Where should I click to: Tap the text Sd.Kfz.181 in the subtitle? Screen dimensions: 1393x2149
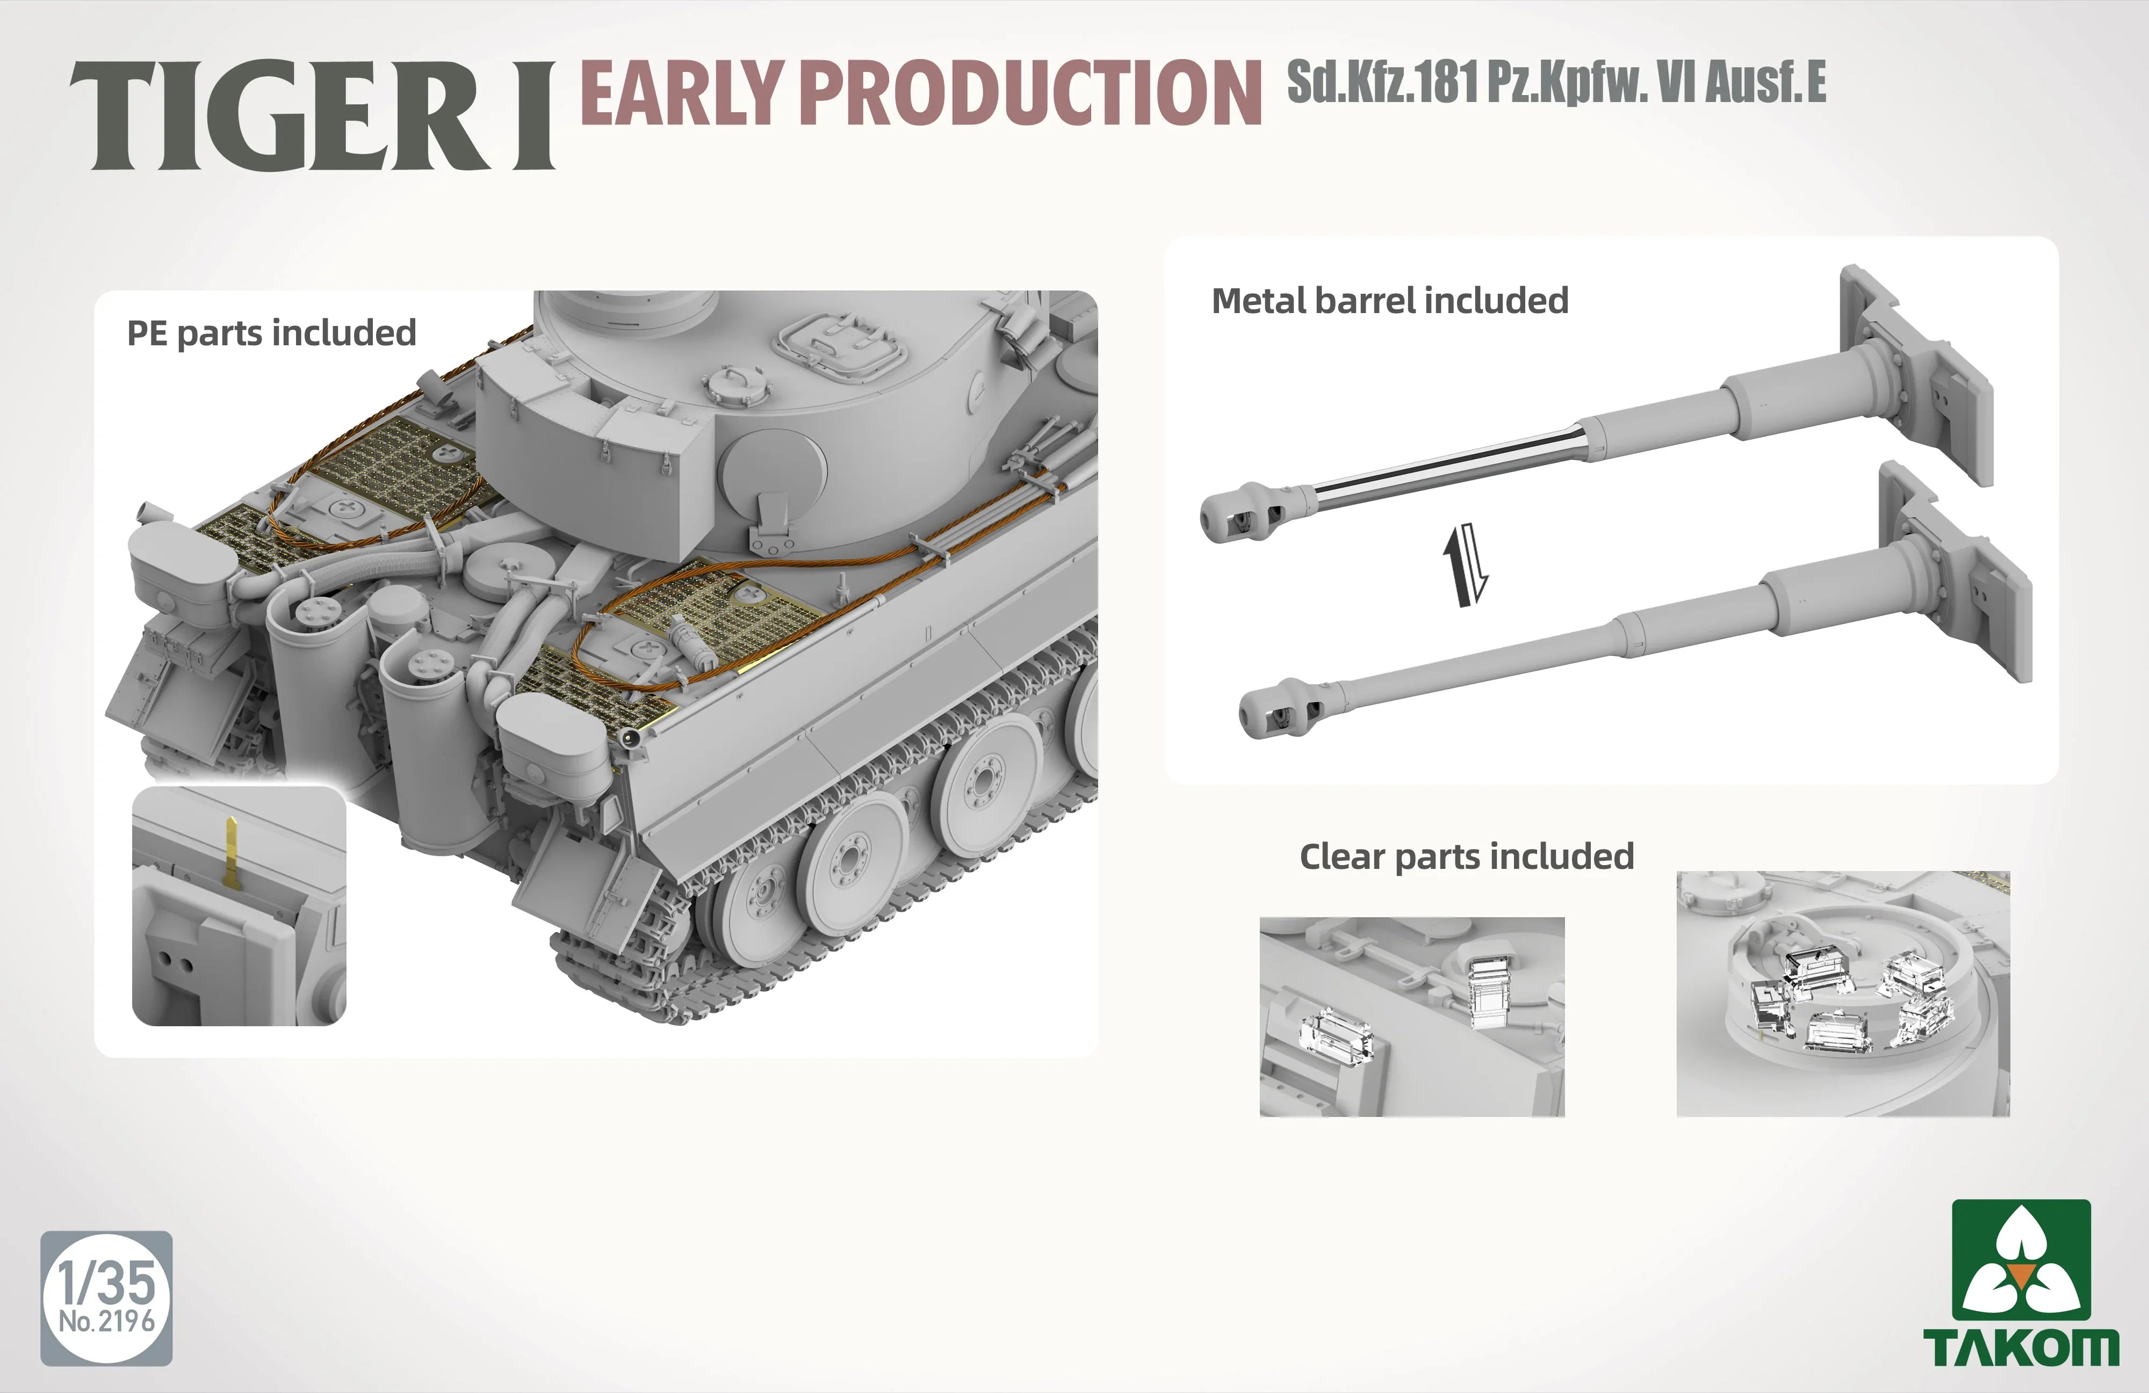point(1381,83)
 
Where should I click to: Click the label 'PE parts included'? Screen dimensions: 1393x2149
point(271,333)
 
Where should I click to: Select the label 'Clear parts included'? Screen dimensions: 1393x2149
point(1466,856)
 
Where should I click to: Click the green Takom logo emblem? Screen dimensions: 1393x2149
point(2021,1259)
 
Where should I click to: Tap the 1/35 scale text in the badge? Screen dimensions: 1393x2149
point(106,1281)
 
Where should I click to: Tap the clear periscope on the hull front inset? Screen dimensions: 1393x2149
point(1336,1038)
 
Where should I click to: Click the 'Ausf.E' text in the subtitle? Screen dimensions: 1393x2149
point(1765,83)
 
